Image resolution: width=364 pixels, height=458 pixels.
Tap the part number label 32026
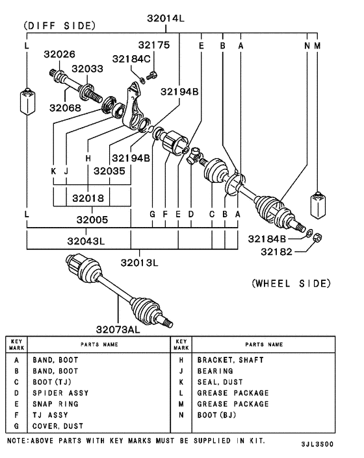pos(59,54)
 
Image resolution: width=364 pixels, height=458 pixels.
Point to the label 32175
pos(153,45)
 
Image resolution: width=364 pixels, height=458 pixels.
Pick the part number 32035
pos(109,171)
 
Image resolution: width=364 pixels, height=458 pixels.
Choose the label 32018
pos(88,197)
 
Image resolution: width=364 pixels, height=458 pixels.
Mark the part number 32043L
pos(86,241)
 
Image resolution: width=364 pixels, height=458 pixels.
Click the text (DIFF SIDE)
pos(59,25)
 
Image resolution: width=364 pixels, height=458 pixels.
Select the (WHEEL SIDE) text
pos(291,283)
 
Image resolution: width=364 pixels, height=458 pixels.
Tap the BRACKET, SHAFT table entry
pos(230,359)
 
